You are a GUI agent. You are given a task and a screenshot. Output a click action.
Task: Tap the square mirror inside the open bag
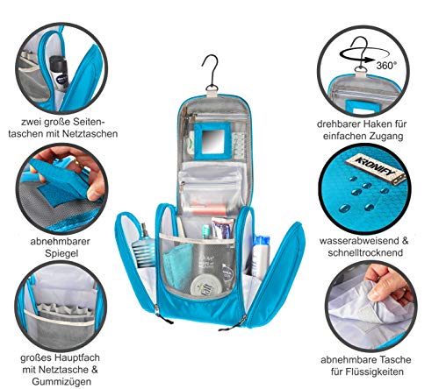pyautogui.click(x=212, y=141)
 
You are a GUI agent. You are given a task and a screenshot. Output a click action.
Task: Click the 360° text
pyautogui.click(x=386, y=66)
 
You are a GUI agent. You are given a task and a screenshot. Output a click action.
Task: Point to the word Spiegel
pyautogui.click(x=61, y=253)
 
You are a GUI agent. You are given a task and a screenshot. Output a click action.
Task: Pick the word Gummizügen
pyautogui.click(x=61, y=381)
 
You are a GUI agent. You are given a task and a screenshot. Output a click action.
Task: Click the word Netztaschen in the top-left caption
pyautogui.click(x=89, y=134)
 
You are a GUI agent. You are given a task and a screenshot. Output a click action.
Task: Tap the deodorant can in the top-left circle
pyautogui.click(x=60, y=72)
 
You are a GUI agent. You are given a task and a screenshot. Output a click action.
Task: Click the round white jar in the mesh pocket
pyautogui.click(x=206, y=285)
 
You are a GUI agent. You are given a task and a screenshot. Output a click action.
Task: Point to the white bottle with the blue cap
pyautogui.click(x=261, y=256)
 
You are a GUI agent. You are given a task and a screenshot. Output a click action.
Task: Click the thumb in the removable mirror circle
pyautogui.click(x=94, y=190)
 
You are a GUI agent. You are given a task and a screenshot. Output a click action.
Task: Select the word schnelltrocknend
pyautogui.click(x=365, y=252)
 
